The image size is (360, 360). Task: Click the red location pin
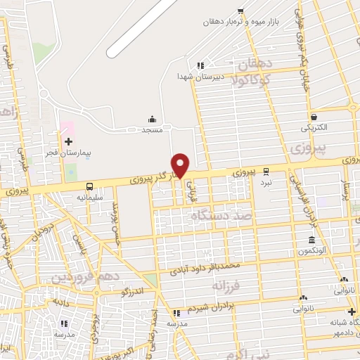(181, 165)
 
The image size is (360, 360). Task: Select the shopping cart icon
(240, 11)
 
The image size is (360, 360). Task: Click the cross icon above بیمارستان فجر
(68, 141)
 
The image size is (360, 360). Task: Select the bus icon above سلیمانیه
(89, 186)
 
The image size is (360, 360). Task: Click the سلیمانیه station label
(90, 198)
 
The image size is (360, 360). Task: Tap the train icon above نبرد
(266, 170)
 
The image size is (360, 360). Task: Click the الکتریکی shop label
(314, 129)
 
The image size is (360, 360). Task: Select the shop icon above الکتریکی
(313, 117)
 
